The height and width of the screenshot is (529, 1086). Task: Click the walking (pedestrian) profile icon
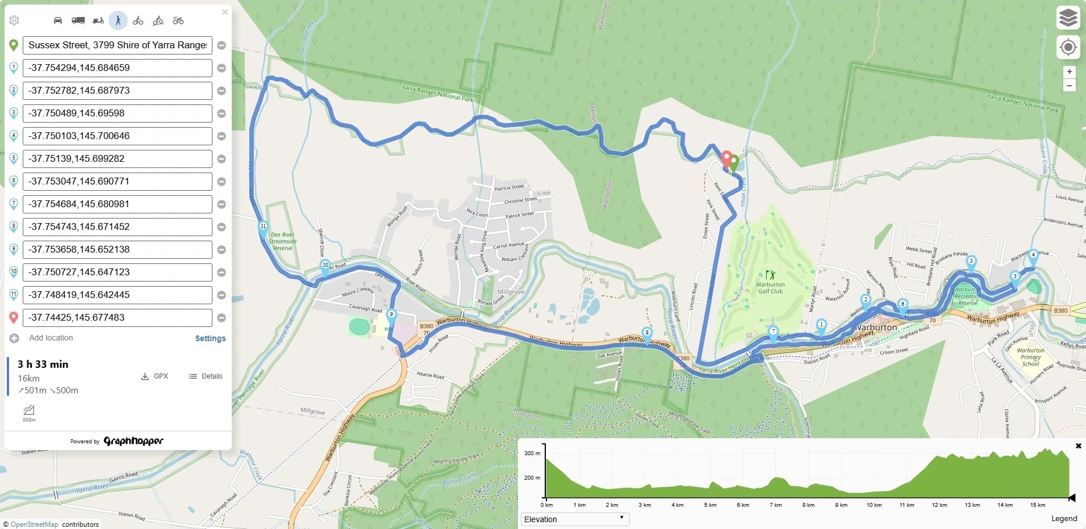point(118,20)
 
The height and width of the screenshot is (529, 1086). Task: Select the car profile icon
point(57,20)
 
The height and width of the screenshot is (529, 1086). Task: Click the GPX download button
point(154,376)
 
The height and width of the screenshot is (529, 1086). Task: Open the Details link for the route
point(205,376)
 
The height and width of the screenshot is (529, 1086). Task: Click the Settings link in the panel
point(210,338)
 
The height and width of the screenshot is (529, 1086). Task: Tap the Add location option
point(51,338)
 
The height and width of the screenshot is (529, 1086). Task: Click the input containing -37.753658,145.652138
point(117,250)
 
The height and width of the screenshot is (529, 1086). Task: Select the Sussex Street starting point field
point(117,45)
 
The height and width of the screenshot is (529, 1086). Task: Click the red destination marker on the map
point(726,158)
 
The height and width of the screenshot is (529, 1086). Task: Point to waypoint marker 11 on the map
point(263,227)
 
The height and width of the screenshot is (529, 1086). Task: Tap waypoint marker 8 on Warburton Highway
point(646,333)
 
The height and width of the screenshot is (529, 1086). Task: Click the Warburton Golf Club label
point(770,288)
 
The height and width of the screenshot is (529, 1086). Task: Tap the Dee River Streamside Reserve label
point(282,241)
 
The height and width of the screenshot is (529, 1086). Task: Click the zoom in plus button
point(1069,72)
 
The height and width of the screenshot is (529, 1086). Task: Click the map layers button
point(1068,18)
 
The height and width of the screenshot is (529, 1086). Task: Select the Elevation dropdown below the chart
point(575,519)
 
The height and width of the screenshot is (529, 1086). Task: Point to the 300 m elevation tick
point(532,453)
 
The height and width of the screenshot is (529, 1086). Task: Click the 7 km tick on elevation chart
point(775,505)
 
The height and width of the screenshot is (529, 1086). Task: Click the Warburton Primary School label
point(1030,357)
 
